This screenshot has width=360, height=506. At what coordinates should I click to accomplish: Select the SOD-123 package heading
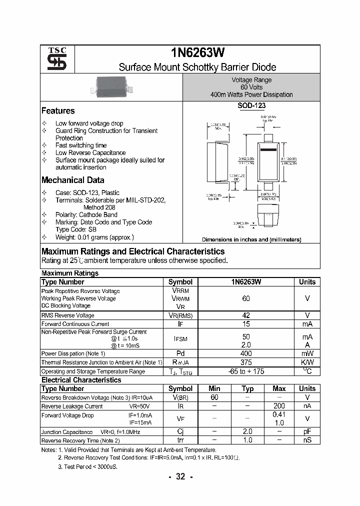251,106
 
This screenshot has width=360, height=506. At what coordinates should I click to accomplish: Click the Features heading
58,111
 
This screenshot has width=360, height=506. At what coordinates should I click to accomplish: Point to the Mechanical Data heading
72,180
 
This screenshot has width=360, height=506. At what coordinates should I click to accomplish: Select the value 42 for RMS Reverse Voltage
246,315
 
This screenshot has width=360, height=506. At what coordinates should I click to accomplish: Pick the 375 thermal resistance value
246,362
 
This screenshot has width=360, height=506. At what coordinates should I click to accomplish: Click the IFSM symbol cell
180,339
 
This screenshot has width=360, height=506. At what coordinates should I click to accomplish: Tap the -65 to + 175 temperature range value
246,371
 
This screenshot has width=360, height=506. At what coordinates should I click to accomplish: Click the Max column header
279,388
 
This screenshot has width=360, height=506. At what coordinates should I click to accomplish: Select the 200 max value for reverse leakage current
279,406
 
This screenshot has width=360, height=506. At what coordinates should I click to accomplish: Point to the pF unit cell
307,431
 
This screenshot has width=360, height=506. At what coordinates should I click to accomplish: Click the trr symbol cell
180,440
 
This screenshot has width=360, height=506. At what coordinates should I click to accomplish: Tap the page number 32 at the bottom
180,476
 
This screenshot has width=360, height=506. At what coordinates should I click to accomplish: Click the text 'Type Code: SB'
76,229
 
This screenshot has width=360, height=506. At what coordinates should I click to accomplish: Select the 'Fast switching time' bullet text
81,145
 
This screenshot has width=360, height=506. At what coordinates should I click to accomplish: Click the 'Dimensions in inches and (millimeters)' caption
251,239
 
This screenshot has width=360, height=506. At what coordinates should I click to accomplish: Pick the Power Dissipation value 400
246,353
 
